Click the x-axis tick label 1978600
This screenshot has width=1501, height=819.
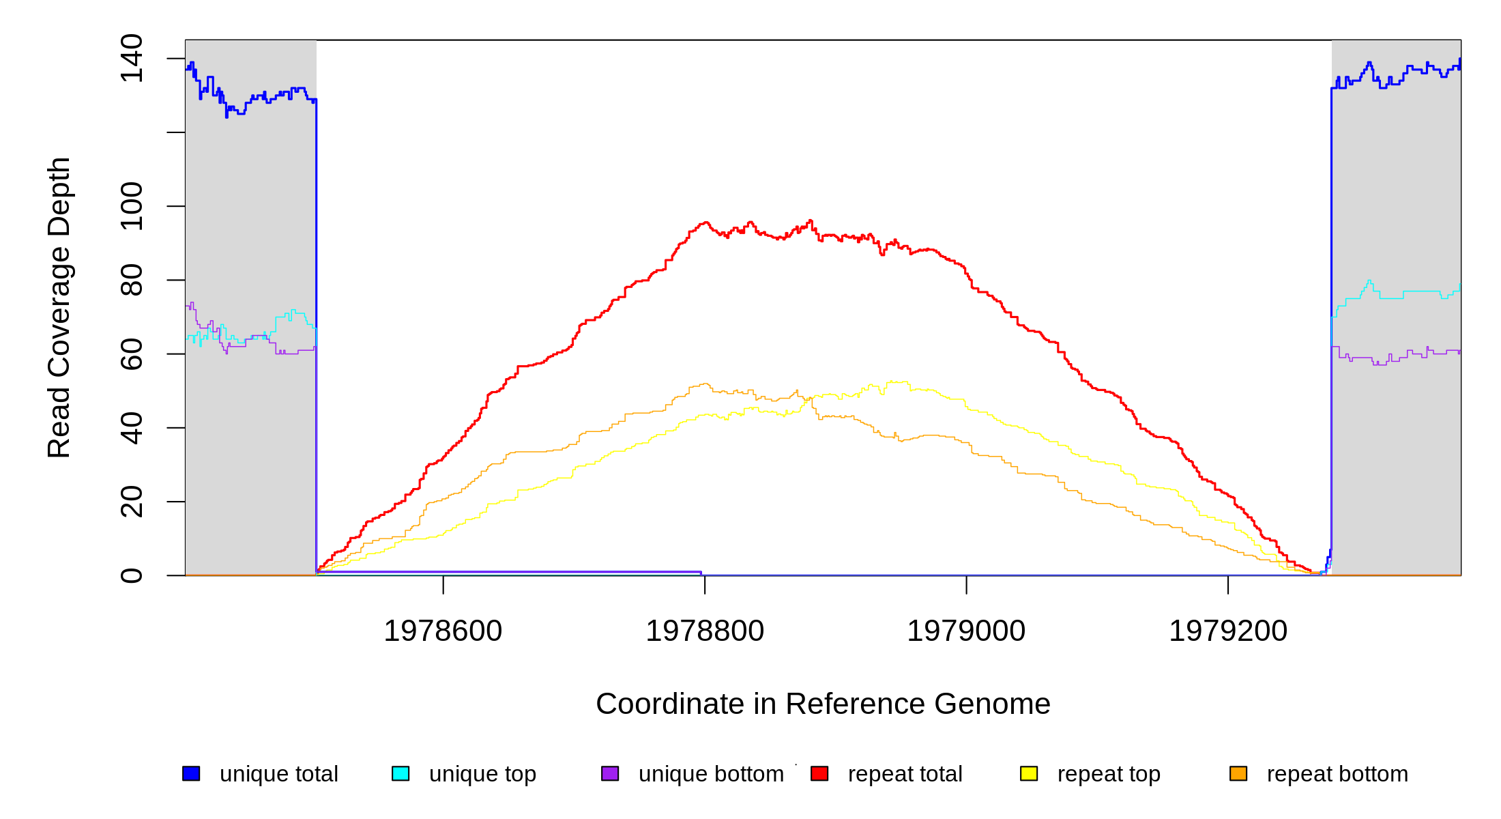pyautogui.click(x=443, y=631)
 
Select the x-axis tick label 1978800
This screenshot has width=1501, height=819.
pyautogui.click(x=705, y=631)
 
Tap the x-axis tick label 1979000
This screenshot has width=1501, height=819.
pyautogui.click(x=966, y=631)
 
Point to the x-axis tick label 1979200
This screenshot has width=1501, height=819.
pyautogui.click(x=1228, y=631)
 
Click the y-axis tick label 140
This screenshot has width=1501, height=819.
pyautogui.click(x=132, y=59)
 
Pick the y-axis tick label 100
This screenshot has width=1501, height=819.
pyautogui.click(x=132, y=206)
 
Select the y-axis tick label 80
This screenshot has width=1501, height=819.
pyautogui.click(x=132, y=280)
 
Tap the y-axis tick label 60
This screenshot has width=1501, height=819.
pyautogui.click(x=132, y=354)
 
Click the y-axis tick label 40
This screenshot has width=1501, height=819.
pyautogui.click(x=132, y=428)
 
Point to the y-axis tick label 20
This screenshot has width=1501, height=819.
pyautogui.click(x=132, y=502)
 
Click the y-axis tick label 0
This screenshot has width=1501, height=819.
pyautogui.click(x=132, y=575)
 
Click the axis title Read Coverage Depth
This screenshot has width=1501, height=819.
pyautogui.click(x=59, y=307)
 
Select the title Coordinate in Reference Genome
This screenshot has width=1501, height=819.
pyautogui.click(x=823, y=704)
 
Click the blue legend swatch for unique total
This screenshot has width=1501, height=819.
pyautogui.click(x=191, y=773)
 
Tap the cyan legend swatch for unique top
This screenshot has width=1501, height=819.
pyautogui.click(x=400, y=773)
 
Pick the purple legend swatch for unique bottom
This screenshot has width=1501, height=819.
pyautogui.click(x=610, y=773)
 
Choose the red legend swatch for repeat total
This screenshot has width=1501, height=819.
pyautogui.click(x=819, y=773)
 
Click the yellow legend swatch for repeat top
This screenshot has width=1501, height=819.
pyautogui.click(x=1029, y=773)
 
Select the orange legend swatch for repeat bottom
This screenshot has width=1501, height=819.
pyautogui.click(x=1238, y=773)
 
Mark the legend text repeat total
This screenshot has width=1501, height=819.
pyautogui.click(x=905, y=774)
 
